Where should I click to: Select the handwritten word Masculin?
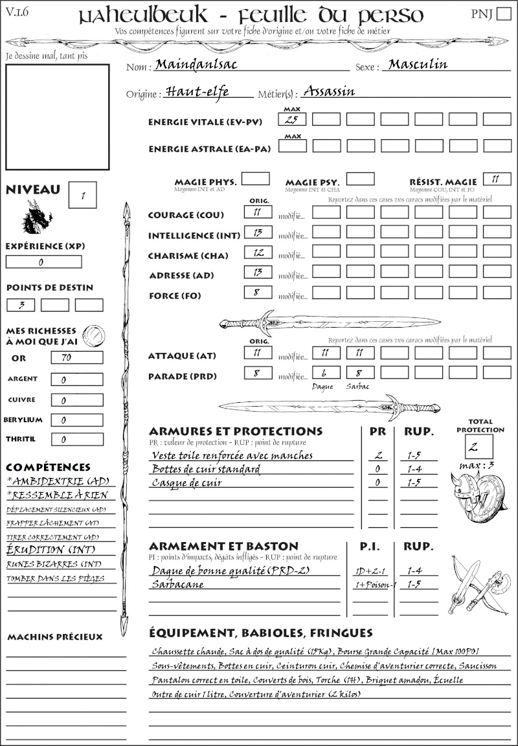pos(415,65)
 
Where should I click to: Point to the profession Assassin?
pos(329,91)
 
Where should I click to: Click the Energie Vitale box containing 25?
pos(292,119)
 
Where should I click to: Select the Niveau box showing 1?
pos(84,194)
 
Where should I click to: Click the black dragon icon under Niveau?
pos(36,216)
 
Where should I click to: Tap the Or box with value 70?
pos(76,357)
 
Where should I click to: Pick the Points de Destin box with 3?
pos(21,305)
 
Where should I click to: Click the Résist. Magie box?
pos(497,179)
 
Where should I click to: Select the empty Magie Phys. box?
pos(255,179)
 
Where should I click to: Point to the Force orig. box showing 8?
pos(258,293)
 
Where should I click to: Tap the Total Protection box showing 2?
pos(479,447)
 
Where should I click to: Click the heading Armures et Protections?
pos(235,431)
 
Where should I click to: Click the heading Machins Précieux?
pos(54,637)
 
